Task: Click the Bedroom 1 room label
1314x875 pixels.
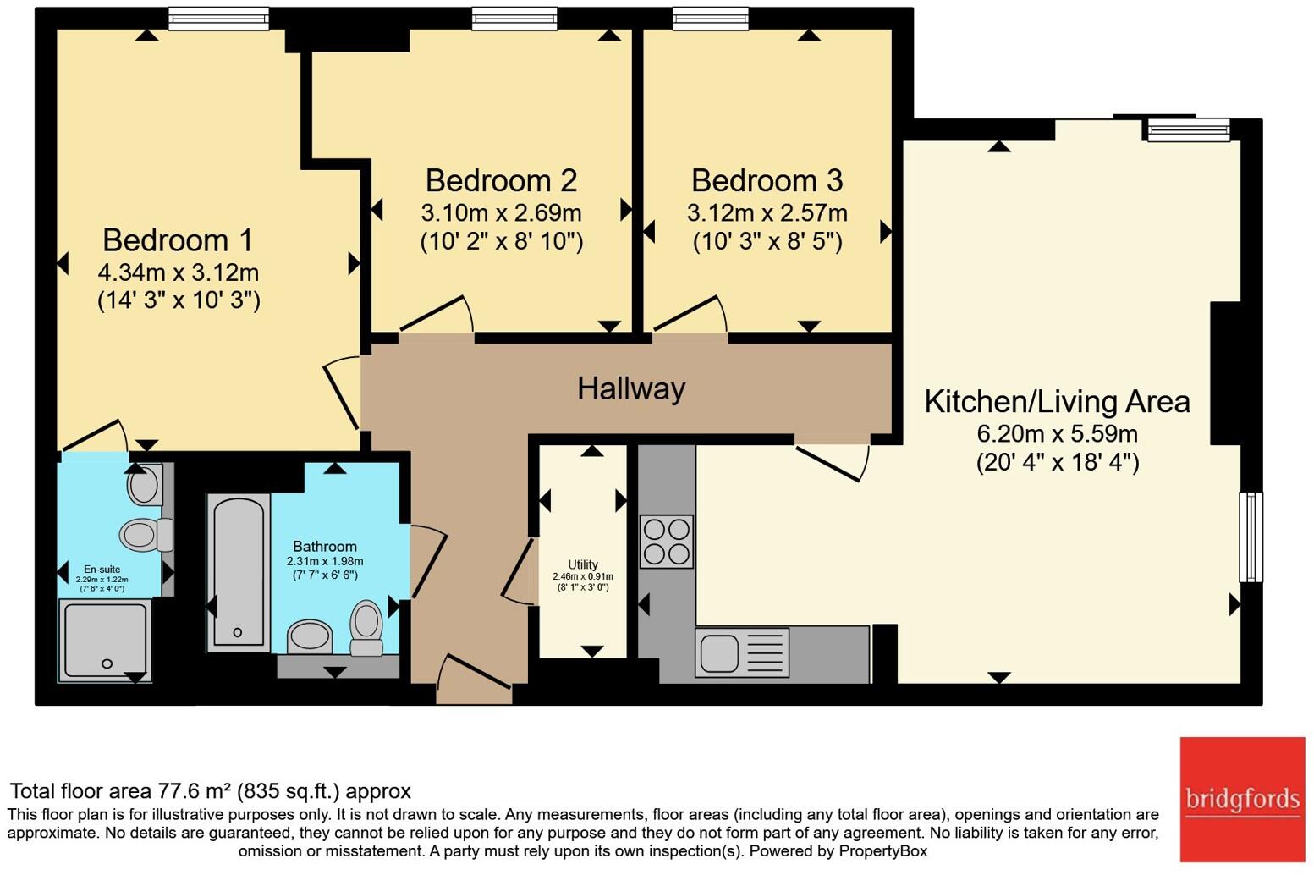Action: pyautogui.click(x=178, y=240)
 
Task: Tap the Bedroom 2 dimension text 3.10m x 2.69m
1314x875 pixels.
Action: pyautogui.click(x=501, y=213)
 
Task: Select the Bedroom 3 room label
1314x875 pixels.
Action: pyautogui.click(x=767, y=180)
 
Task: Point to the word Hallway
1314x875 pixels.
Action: pyautogui.click(x=631, y=389)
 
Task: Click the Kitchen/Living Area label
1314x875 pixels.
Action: pyautogui.click(x=1057, y=402)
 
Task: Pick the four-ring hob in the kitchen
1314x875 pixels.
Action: pyautogui.click(x=667, y=542)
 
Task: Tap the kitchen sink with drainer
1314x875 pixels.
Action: pyautogui.click(x=742, y=652)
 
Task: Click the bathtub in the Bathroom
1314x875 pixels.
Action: pyautogui.click(x=238, y=573)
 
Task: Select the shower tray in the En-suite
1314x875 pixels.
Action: pyautogui.click(x=105, y=641)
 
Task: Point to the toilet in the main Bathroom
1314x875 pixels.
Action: pyautogui.click(x=366, y=627)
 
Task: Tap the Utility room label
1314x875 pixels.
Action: pyautogui.click(x=583, y=564)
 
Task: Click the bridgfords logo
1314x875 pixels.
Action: pyautogui.click(x=1242, y=800)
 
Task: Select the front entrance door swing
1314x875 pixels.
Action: pyautogui.click(x=474, y=672)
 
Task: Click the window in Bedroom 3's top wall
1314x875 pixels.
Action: pyautogui.click(x=711, y=19)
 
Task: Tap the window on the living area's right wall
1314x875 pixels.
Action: pyautogui.click(x=1251, y=537)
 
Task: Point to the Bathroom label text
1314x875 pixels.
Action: pyautogui.click(x=324, y=547)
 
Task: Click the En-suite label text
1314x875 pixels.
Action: pyautogui.click(x=102, y=570)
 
